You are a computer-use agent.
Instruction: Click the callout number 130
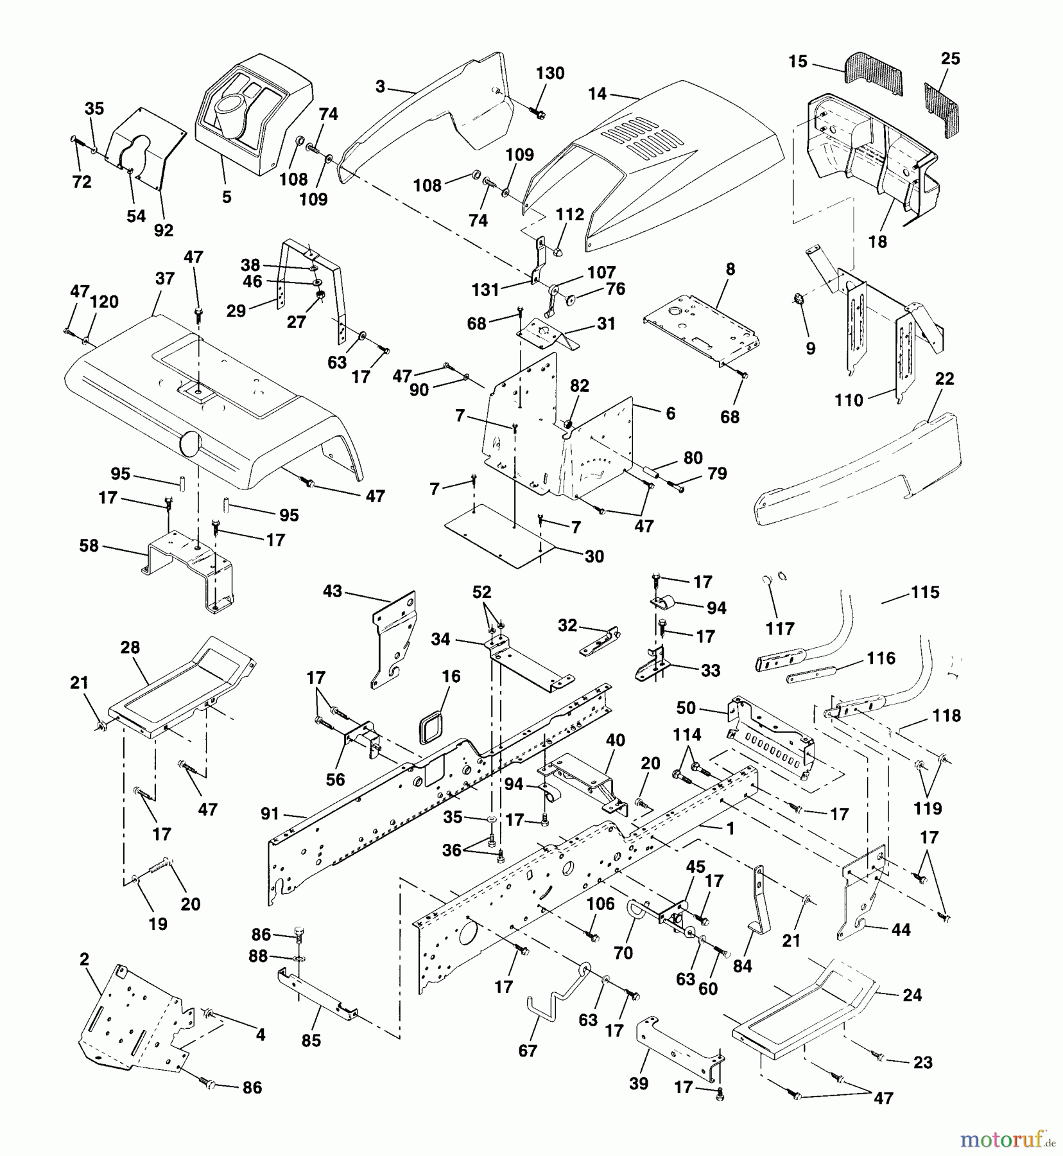(550, 73)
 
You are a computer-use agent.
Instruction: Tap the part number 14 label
(597, 94)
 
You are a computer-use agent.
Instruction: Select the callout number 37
(165, 279)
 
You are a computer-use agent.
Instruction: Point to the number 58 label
(89, 545)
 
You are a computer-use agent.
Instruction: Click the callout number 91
(270, 814)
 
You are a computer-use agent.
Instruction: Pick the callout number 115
(925, 592)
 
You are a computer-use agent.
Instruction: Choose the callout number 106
(600, 904)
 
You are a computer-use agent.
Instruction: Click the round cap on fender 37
(189, 444)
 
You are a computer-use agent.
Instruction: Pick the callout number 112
(571, 214)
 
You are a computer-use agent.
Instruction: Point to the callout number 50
(686, 708)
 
